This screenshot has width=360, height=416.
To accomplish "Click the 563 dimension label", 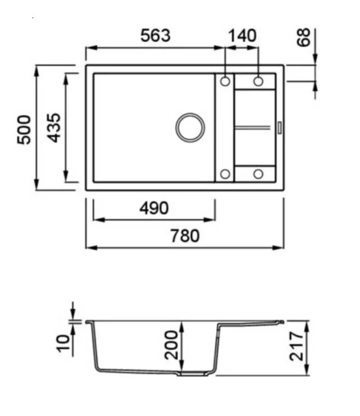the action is click(x=156, y=35).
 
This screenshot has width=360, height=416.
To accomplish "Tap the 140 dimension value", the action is click(x=242, y=35).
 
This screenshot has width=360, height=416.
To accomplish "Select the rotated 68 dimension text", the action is click(x=303, y=38).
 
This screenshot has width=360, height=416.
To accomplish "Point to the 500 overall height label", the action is click(x=24, y=130).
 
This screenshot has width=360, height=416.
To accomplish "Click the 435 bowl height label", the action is click(x=53, y=128).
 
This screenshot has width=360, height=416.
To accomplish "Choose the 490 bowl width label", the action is click(x=154, y=208).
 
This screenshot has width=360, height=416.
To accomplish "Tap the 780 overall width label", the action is click(x=185, y=236).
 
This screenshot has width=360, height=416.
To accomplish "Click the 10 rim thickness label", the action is click(x=63, y=344).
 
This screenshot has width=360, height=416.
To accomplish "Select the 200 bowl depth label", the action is click(x=171, y=345).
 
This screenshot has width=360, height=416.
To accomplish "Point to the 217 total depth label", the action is click(x=297, y=346).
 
